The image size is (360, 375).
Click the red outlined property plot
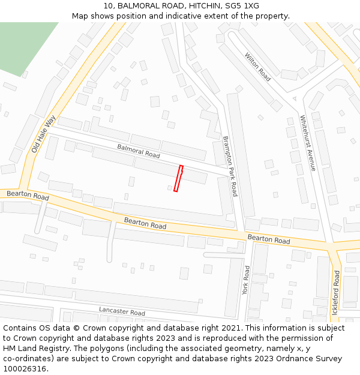(x=178, y=179)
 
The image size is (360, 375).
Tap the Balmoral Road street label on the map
(x=139, y=151)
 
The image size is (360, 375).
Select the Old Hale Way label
(x=43, y=133)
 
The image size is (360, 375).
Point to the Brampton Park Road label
(x=230, y=166)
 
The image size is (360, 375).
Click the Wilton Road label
(x=257, y=67)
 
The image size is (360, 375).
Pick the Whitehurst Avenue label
(x=307, y=143)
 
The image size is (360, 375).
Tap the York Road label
(x=245, y=280)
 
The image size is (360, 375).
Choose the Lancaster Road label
(x=122, y=312)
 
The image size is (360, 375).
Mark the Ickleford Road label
(x=336, y=293)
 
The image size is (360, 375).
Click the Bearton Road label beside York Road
(x=269, y=239)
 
